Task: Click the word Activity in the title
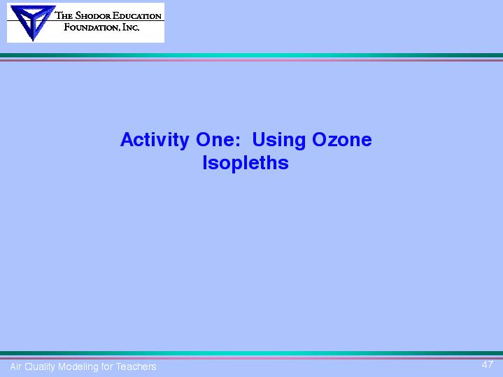(155, 140)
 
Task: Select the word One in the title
(215, 140)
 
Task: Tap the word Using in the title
(278, 140)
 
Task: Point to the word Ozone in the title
(341, 140)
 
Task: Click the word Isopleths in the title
(246, 163)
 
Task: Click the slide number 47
(487, 364)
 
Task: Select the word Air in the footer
(15, 367)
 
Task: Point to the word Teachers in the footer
(136, 367)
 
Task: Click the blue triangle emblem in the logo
(33, 22)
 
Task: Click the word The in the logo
(64, 15)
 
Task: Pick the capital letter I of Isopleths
(205, 162)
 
